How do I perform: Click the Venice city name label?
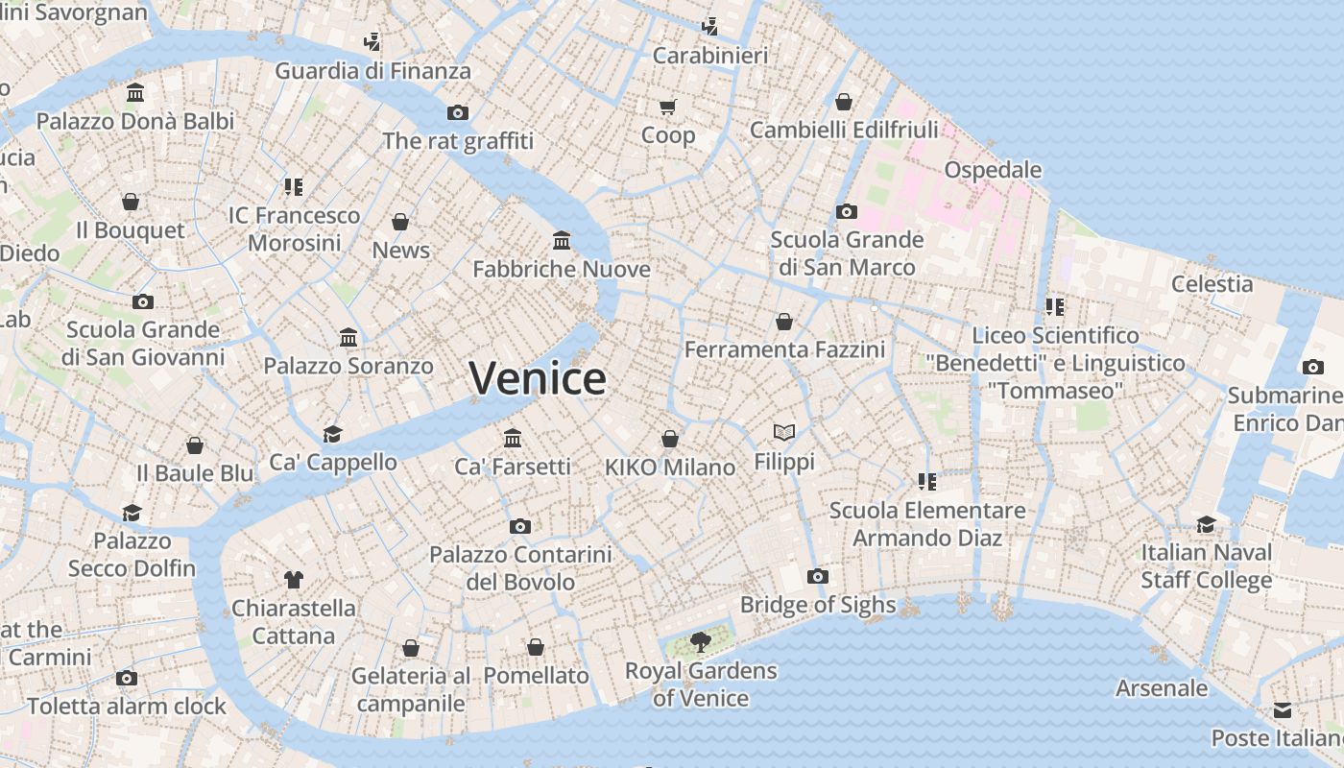pyautogui.click(x=538, y=378)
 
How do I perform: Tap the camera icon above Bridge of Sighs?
pyautogui.click(x=818, y=576)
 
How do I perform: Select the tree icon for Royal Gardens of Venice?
pyautogui.click(x=701, y=642)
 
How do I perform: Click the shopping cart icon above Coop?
pyautogui.click(x=668, y=107)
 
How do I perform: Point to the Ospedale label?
pyautogui.click(x=993, y=170)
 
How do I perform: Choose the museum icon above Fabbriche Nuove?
pyautogui.click(x=562, y=240)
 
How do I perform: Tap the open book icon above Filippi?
pyautogui.click(x=784, y=433)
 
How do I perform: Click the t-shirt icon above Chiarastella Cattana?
pyautogui.click(x=294, y=579)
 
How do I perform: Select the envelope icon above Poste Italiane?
pyautogui.click(x=1283, y=710)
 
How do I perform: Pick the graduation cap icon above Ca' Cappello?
pyautogui.click(x=332, y=434)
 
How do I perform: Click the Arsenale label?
pyautogui.click(x=1162, y=688)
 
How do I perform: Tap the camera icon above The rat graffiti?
pyautogui.click(x=458, y=112)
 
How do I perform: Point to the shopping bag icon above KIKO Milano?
pyautogui.click(x=670, y=439)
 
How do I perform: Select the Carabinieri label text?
pyautogui.click(x=710, y=56)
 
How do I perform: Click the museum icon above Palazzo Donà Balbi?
pyautogui.click(x=135, y=93)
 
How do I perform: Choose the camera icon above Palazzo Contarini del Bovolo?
pyautogui.click(x=520, y=526)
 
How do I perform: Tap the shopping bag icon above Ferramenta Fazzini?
pyautogui.click(x=784, y=321)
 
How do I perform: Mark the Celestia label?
pyautogui.click(x=1212, y=284)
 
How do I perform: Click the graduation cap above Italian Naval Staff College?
pyautogui.click(x=1206, y=524)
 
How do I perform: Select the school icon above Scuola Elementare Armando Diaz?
pyautogui.click(x=926, y=481)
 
